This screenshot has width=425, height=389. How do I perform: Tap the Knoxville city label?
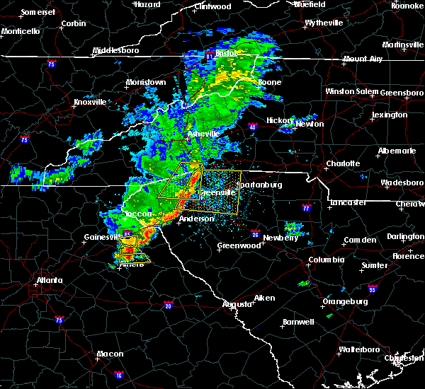coord(90,102)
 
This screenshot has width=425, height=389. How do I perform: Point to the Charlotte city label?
coord(343,163)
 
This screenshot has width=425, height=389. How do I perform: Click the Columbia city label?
coord(326,260)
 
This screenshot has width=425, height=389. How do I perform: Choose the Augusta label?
coord(237,304)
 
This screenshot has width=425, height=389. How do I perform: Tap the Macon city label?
coord(110,354)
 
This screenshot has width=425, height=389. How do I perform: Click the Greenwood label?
coord(239,245)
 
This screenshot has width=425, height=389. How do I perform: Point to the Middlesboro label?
coord(117,51)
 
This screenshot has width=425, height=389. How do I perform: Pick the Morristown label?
coord(146,82)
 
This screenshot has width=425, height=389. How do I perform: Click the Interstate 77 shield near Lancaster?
coord(306,209)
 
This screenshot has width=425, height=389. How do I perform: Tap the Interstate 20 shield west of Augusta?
coord(168,306)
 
